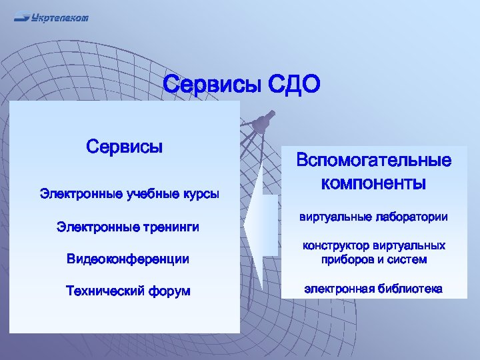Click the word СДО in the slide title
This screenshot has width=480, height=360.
point(294,85)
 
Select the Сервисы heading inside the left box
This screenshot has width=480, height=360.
point(125,146)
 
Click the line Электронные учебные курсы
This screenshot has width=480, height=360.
point(129,194)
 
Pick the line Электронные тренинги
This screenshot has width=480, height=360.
point(128,228)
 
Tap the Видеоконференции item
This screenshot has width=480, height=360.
point(128,259)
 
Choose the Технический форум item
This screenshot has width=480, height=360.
point(128,291)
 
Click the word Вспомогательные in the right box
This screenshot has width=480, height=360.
point(374,161)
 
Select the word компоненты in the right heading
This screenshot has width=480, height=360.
point(374,182)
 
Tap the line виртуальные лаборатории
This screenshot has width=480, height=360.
point(374,217)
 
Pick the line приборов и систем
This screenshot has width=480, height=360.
point(374,259)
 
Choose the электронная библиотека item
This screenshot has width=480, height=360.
point(374,289)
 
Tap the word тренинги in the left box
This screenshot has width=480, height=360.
point(171,228)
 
